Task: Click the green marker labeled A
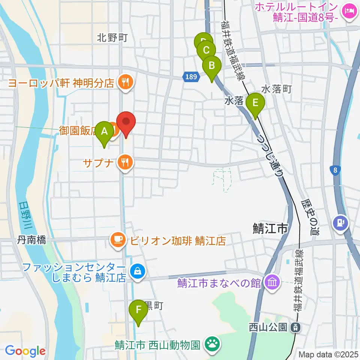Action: [x=105, y=132]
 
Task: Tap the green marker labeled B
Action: [x=211, y=66]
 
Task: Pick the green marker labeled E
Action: [x=256, y=103]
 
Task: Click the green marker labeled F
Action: [x=138, y=310]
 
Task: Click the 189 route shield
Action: [x=190, y=77]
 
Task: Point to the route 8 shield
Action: [x=335, y=171]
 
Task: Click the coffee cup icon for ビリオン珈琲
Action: [x=118, y=240]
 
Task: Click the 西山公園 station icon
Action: [x=296, y=327]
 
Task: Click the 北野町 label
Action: [x=112, y=37]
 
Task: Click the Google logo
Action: [x=25, y=351]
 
